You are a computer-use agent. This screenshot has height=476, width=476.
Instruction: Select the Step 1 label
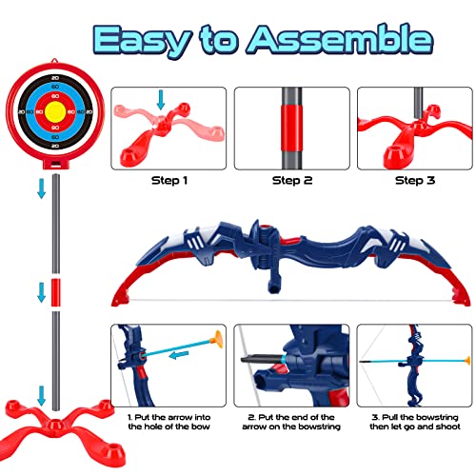[169, 179]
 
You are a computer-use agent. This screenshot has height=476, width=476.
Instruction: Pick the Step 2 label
[291, 179]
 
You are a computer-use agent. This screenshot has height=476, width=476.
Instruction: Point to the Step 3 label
[412, 179]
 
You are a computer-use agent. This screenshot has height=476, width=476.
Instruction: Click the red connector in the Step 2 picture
[290, 128]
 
